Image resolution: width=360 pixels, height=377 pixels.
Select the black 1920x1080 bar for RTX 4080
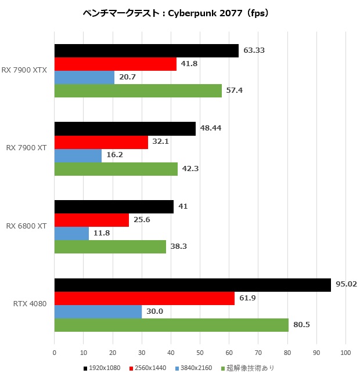click(x=192, y=285)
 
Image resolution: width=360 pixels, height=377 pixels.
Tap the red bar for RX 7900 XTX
click(x=115, y=64)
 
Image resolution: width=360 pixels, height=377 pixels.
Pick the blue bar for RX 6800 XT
click(x=71, y=233)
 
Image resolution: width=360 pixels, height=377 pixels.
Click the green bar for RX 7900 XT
click(x=116, y=169)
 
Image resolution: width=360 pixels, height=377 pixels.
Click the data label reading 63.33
click(x=254, y=50)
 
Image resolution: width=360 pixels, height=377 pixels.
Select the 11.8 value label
click(x=102, y=233)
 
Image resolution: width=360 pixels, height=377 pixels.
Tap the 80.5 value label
click(x=301, y=325)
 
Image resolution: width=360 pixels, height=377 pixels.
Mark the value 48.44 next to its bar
click(x=210, y=128)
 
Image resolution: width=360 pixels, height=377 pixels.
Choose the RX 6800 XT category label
click(x=28, y=226)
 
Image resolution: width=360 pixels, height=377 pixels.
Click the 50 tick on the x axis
click(x=200, y=352)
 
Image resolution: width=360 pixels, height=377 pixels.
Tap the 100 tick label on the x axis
click(x=345, y=352)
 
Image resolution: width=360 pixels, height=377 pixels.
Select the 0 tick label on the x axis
click(x=54, y=352)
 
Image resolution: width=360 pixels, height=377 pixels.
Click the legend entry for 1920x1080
click(x=102, y=368)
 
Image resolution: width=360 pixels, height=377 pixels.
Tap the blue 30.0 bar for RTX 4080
click(x=98, y=311)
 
